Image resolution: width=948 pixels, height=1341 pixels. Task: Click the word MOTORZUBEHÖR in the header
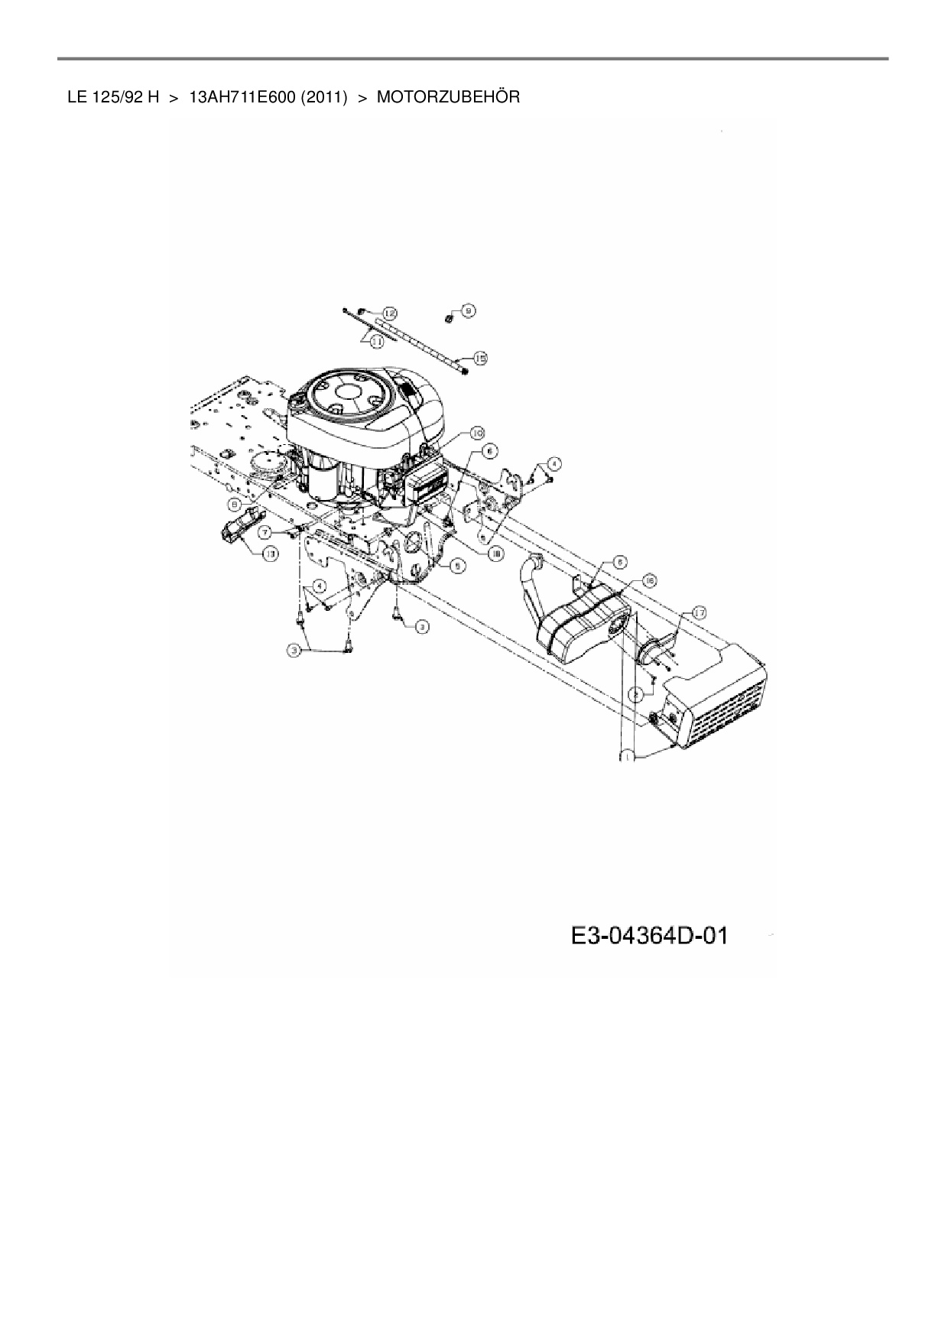pos(448,97)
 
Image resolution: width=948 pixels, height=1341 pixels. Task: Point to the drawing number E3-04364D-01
pos(648,935)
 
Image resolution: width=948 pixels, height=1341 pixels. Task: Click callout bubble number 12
pos(390,313)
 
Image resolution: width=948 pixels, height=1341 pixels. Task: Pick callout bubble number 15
pos(480,358)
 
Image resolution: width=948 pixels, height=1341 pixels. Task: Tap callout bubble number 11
pos(376,343)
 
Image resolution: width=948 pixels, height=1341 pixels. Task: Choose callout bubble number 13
pos(271,554)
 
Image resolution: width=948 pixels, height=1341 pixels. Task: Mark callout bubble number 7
pos(265,531)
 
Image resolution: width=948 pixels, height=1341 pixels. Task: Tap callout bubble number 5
pos(456,566)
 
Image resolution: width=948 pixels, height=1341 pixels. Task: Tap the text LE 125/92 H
pos(113,97)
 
